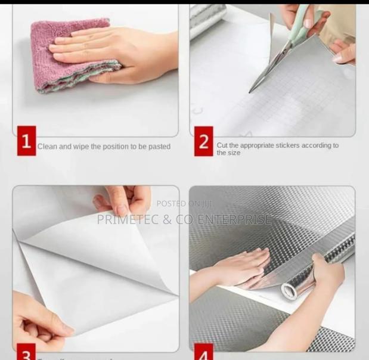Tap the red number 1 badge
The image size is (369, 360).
[26, 142]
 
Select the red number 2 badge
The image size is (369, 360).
[203, 142]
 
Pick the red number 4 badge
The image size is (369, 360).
[203, 353]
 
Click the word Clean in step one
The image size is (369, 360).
[46, 147]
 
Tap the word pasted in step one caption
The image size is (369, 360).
[159, 147]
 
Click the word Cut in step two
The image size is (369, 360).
[222, 145]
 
